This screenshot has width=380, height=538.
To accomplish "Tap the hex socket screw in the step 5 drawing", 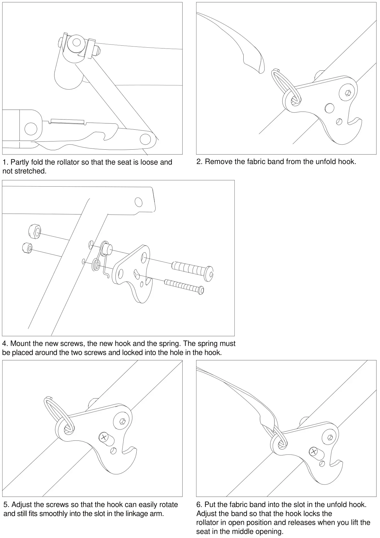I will [123, 421].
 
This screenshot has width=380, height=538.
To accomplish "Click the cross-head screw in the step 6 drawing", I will [314, 452].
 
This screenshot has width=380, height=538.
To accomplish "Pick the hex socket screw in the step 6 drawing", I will [329, 437].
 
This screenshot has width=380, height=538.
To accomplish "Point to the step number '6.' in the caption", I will [199, 504].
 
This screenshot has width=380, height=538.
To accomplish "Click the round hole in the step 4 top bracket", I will [139, 202].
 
